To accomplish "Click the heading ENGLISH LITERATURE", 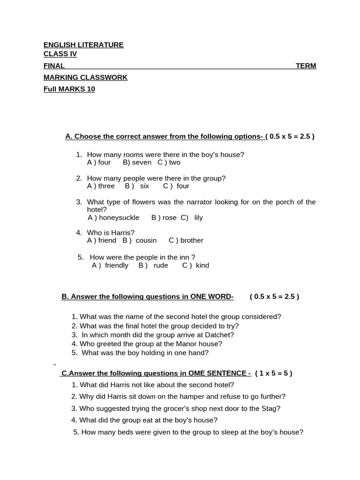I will tap(83, 45).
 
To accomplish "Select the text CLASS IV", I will tap(60, 54).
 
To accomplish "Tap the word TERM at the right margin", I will tap(306, 66).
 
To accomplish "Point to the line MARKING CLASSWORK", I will tap(85, 77).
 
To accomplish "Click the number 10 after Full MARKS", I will tap(90, 89).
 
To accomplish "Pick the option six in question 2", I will tap(144, 186).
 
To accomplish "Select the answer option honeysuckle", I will tap(119, 218).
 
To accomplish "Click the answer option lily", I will tap(198, 218).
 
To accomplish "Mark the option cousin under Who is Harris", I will tap(146, 240).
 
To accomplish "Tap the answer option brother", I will tap(192, 240).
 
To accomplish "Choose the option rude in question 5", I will tap(161, 265).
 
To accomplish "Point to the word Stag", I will tap(271, 408).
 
